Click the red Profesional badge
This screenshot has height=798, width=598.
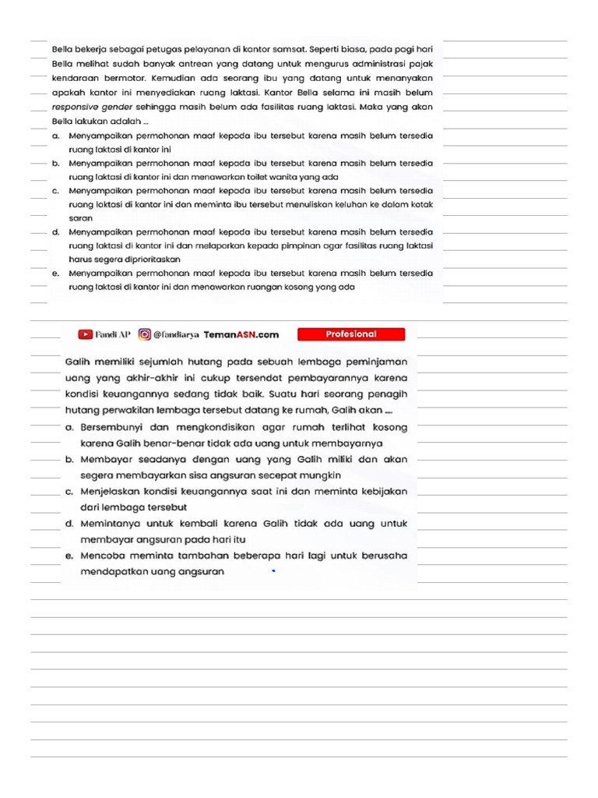pos(350,334)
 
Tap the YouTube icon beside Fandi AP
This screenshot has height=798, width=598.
pos(85,334)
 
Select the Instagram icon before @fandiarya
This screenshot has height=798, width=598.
pos(144,334)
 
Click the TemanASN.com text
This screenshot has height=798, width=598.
pos(241,335)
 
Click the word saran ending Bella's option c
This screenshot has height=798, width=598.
pos(80,218)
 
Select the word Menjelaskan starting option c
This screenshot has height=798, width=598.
pos(112,492)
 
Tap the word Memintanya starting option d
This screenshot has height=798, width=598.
pos(113,524)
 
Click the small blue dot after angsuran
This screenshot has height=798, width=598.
pos(273,572)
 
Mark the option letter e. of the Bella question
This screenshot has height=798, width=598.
pos(56,274)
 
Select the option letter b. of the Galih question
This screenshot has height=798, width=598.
pos(70,460)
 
